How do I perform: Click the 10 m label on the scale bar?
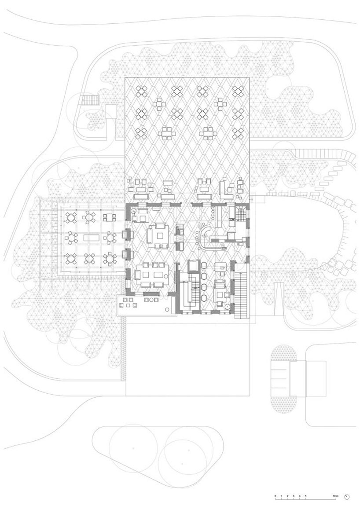click(x=336, y=496)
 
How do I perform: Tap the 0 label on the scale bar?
click(x=276, y=496)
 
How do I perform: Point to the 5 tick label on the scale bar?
click(x=305, y=496)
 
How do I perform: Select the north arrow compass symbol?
click(x=347, y=497)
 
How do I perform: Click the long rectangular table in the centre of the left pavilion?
click(x=90, y=238)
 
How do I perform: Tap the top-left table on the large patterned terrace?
click(x=142, y=91)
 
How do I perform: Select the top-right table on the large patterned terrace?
click(x=239, y=91)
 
